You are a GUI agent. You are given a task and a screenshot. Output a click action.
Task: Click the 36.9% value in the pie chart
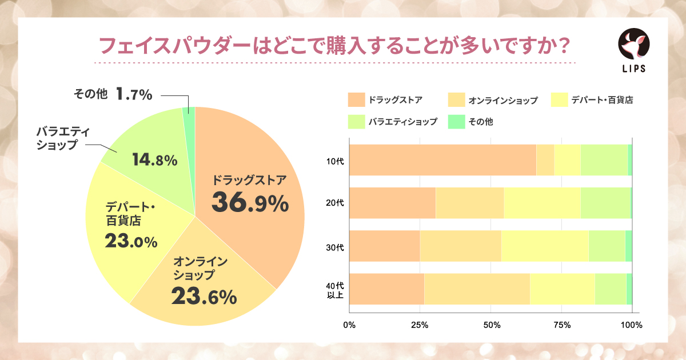250,202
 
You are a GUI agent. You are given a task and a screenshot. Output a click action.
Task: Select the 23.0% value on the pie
131,242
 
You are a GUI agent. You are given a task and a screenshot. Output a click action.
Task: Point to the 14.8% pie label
154,161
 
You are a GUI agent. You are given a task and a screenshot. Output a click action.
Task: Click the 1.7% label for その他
134,94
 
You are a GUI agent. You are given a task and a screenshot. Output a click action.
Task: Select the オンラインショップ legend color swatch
456,100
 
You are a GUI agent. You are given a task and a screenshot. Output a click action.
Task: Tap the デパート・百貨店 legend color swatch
557,100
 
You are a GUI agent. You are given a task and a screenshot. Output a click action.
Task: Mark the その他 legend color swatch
456,121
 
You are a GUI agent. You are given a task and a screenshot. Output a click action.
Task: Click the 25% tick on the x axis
420,325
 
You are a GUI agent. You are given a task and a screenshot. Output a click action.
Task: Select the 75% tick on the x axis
561,325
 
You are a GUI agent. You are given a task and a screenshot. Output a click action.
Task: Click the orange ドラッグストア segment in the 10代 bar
442,160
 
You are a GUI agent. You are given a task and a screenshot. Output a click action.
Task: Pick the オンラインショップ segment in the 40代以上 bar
477,289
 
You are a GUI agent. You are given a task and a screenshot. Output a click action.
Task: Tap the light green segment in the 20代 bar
605,203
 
